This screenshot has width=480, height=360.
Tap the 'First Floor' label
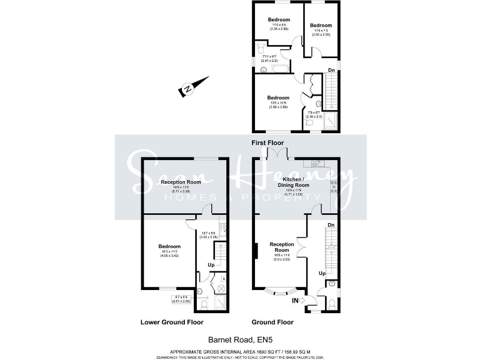(267, 143)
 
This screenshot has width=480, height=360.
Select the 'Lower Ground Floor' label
(172, 322)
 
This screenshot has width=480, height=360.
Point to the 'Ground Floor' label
(272, 322)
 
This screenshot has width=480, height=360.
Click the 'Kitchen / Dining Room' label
(293, 183)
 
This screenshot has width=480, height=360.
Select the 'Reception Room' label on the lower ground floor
(181, 182)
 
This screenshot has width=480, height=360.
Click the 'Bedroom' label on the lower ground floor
(169, 246)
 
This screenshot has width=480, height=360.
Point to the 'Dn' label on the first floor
(332, 70)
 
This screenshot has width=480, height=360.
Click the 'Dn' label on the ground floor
(331, 224)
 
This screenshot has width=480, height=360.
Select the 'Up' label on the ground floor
(322, 274)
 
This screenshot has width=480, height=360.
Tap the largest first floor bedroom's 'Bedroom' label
(278, 97)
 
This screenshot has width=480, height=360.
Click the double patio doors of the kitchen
(276, 154)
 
